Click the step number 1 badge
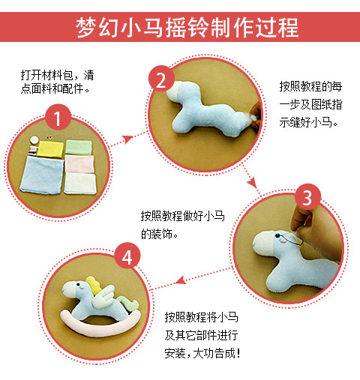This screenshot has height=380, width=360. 58,117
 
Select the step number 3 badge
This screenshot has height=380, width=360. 307,197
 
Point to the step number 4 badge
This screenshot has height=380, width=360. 127,256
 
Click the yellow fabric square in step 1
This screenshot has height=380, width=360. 51,149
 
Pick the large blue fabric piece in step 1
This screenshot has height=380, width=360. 42,175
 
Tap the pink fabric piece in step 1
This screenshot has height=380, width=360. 79,164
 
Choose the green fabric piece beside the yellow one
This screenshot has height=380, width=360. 79,147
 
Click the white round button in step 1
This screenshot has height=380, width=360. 34,140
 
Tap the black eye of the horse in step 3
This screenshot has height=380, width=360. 277,235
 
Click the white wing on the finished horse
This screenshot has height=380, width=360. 103,296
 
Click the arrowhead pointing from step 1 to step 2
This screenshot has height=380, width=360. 128,139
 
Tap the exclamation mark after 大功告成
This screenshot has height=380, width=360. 238,353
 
